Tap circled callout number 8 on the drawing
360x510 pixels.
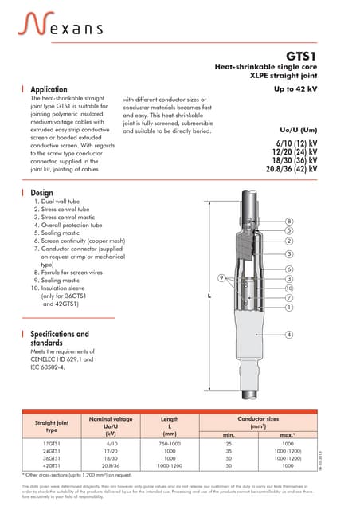coord(289,221)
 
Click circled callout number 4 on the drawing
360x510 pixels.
coord(289,334)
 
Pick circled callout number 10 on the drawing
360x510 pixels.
coord(289,288)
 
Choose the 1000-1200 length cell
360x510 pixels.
coord(170,465)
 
